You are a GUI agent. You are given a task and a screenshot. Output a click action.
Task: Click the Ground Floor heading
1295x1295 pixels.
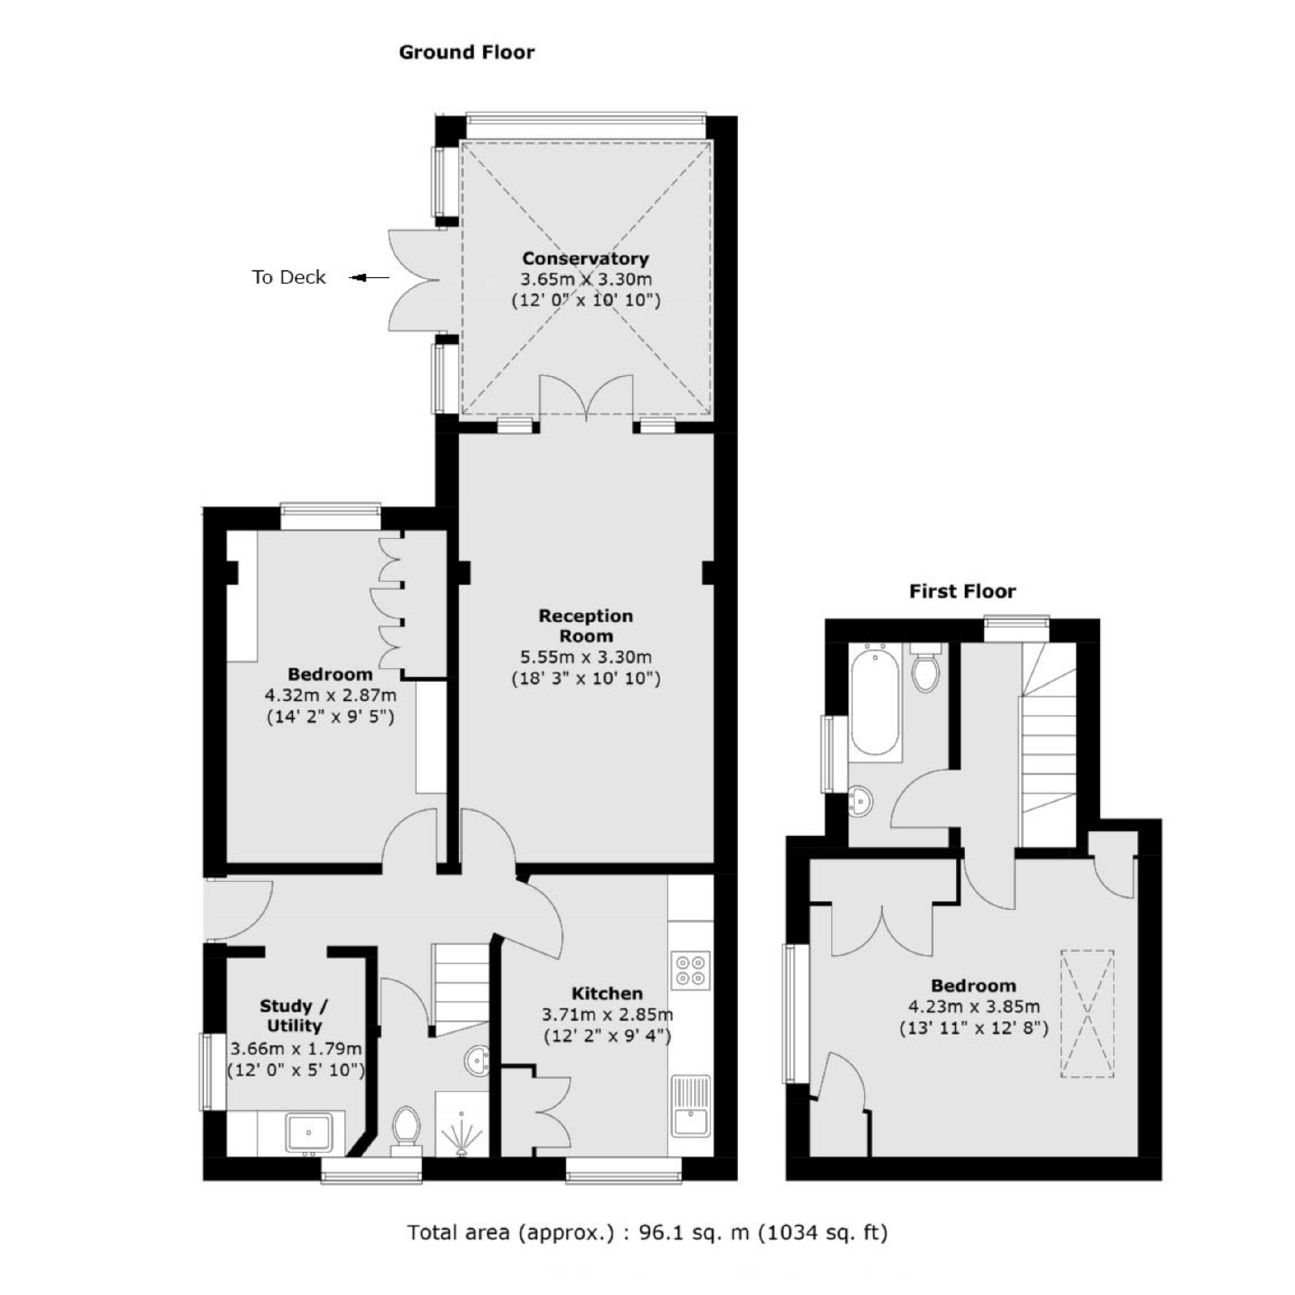(467, 52)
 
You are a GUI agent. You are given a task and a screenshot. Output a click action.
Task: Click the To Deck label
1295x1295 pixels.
(289, 278)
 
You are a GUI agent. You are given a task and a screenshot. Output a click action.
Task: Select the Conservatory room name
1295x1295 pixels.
(585, 259)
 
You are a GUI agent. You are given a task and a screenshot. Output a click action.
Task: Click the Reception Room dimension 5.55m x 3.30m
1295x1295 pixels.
(585, 657)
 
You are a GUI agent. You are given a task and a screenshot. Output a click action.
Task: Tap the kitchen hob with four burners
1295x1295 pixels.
(691, 970)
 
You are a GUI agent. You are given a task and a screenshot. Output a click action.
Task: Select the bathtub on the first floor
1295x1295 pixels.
(874, 699)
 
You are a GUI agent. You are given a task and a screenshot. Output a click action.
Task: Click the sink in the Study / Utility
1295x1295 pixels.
(308, 1132)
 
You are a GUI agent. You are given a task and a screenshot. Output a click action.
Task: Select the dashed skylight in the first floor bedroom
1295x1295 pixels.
(1087, 1014)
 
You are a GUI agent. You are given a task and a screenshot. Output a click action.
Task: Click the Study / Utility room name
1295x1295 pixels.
(294, 1016)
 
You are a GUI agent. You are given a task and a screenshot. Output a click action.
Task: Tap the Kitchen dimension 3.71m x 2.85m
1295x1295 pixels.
(607, 1015)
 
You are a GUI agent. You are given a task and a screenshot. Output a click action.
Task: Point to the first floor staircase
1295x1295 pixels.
(1048, 744)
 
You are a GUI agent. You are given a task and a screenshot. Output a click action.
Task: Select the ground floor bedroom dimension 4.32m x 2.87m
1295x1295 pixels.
(331, 695)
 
